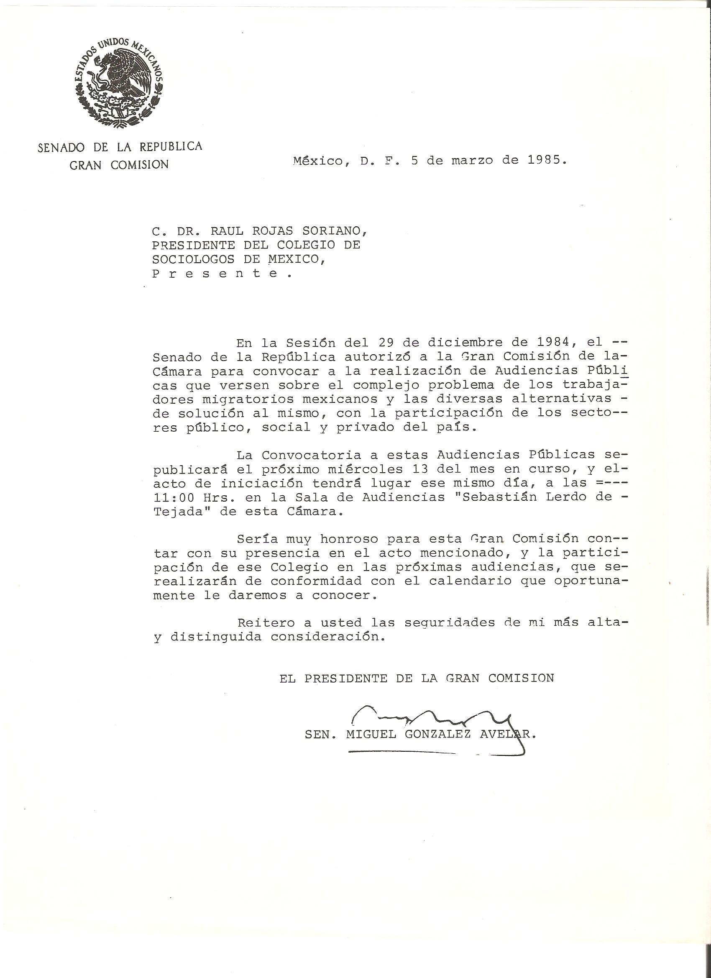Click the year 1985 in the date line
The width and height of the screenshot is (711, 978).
[x=545, y=160]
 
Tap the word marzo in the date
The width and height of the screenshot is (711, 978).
[x=472, y=160]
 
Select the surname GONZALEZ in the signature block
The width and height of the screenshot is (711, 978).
[x=437, y=735]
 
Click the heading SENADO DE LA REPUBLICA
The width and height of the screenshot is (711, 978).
[x=120, y=148]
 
